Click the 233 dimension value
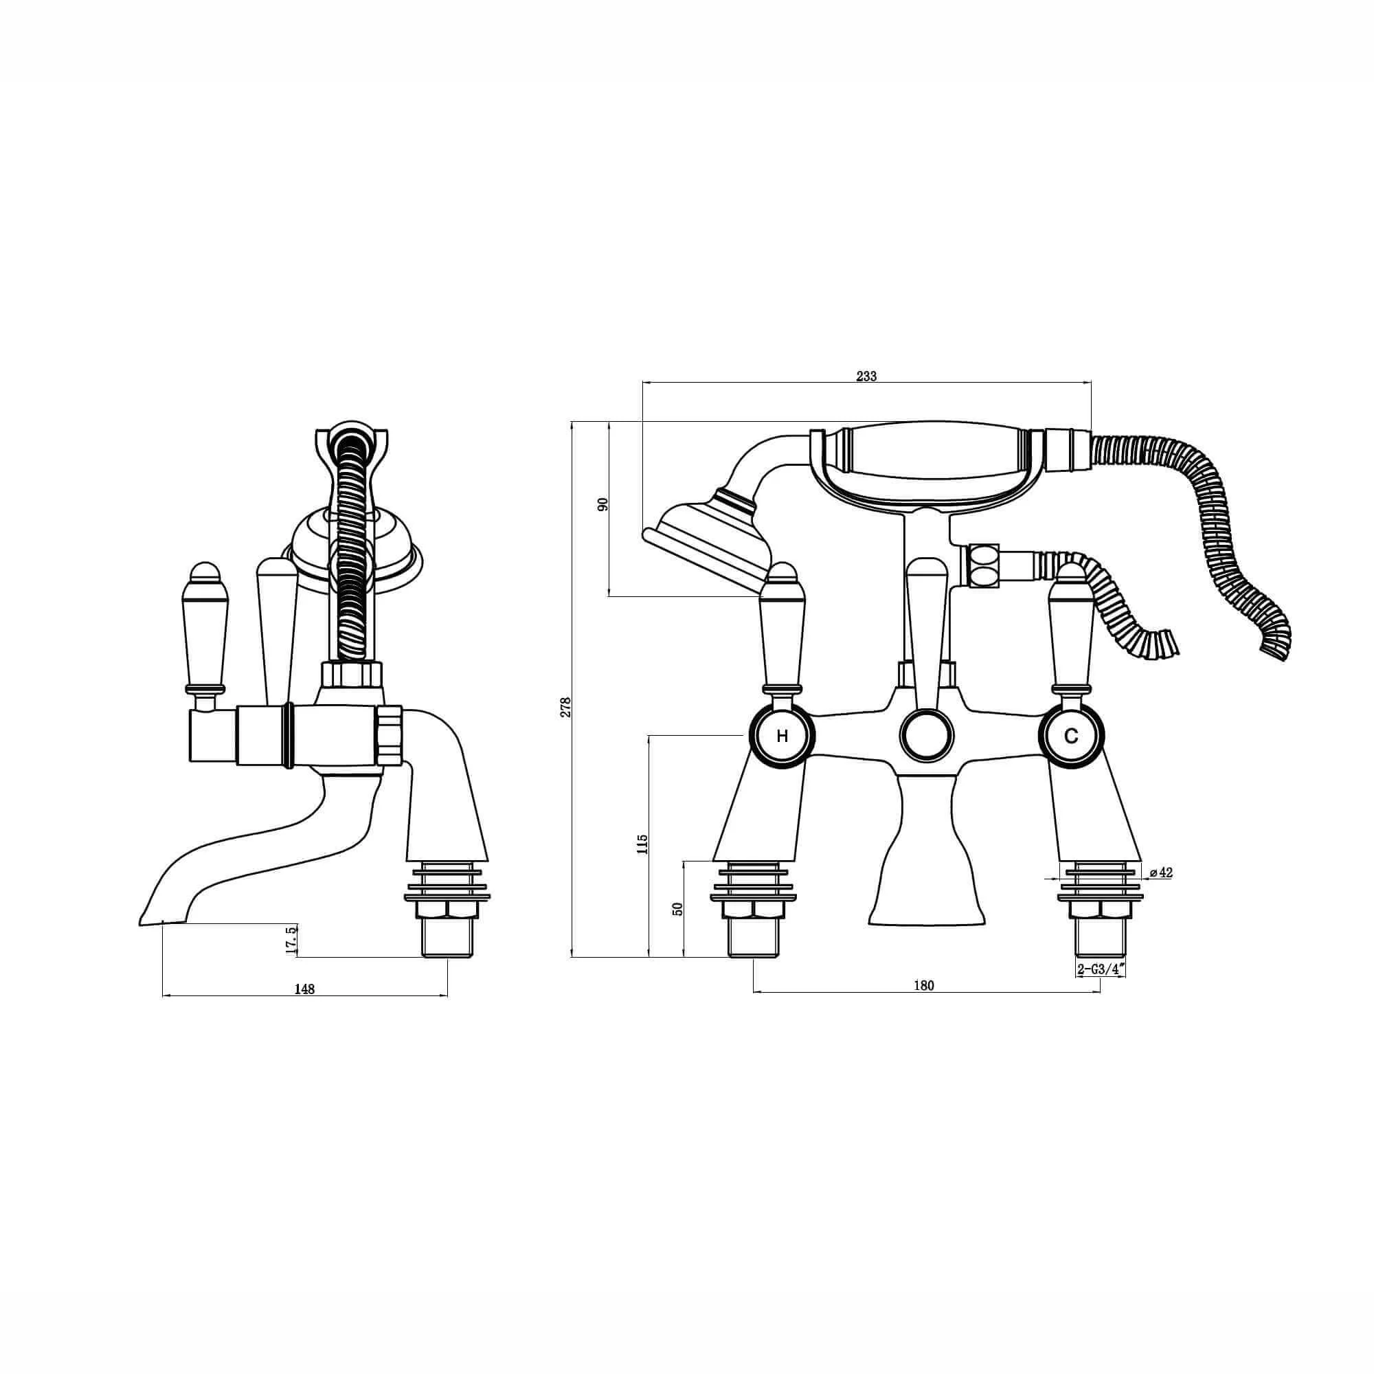(866, 376)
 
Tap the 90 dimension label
(604, 505)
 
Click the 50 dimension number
(677, 908)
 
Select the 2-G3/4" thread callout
(1101, 968)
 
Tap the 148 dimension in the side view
(304, 989)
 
